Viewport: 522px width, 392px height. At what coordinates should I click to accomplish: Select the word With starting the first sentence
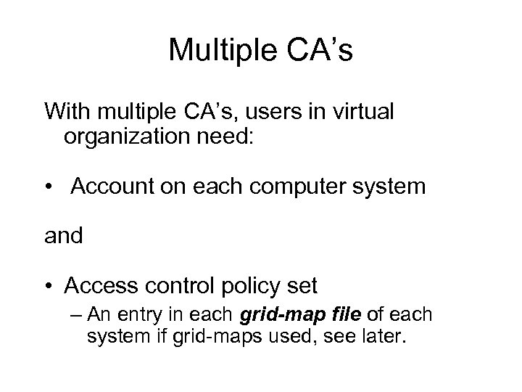(70, 112)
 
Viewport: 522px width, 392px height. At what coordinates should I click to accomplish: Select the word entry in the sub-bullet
(157, 317)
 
